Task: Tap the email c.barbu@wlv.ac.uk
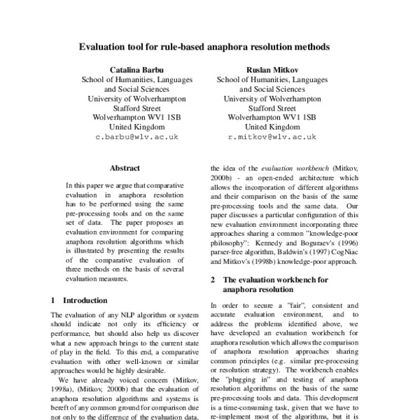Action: click(137, 138)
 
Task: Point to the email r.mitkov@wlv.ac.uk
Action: click(273, 138)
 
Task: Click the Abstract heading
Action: click(125, 169)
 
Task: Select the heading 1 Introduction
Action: click(79, 300)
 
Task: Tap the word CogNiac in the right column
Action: click(322, 250)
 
